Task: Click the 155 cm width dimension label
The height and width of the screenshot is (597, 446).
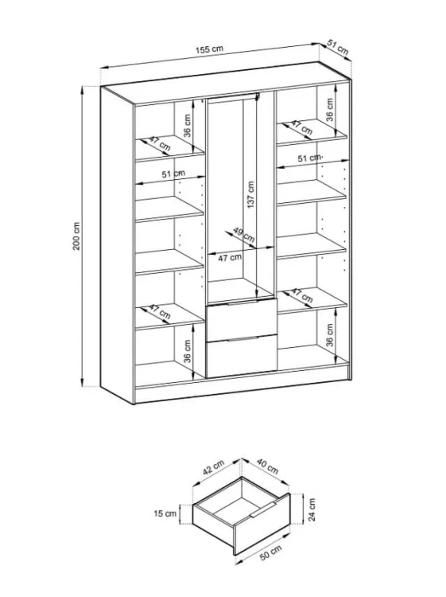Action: coord(210,49)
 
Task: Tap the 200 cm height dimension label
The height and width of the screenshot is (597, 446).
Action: coord(77,236)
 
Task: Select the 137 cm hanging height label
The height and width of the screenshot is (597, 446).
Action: coord(251,194)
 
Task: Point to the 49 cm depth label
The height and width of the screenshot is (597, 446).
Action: coord(244,235)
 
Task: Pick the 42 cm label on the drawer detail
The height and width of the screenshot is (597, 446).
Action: coord(213,467)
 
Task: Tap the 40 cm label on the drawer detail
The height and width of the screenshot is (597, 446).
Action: coord(268,466)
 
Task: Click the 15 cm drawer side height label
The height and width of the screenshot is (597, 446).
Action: coord(165,513)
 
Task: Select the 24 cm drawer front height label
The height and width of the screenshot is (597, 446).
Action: coord(312,509)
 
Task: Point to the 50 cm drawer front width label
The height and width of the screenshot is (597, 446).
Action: coord(271,552)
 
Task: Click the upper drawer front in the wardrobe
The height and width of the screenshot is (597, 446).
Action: coord(242,320)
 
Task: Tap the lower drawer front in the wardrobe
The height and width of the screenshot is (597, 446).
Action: coord(242,357)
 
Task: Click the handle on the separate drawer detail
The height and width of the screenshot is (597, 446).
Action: coord(263,509)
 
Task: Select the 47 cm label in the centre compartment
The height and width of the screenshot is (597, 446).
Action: coord(230,258)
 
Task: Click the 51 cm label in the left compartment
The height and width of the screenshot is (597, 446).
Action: coord(173,174)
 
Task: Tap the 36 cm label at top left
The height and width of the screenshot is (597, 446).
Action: coord(188,126)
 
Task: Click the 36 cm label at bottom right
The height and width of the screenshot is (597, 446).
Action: coord(330,335)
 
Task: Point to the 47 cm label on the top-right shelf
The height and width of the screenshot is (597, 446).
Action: coord(302,128)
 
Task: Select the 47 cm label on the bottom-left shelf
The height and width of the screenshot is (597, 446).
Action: coord(159,312)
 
